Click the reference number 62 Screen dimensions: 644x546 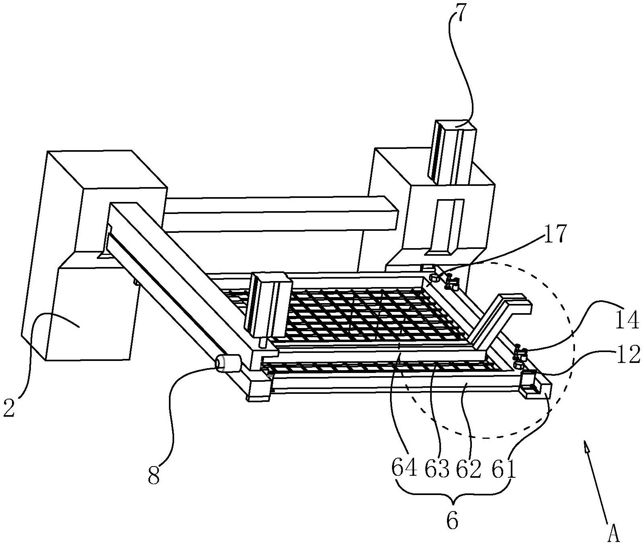click(x=468, y=469)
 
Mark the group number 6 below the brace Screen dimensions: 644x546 click(x=452, y=521)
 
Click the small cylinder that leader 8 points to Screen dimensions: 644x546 click(x=228, y=363)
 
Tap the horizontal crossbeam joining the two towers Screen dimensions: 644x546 click(x=280, y=214)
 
